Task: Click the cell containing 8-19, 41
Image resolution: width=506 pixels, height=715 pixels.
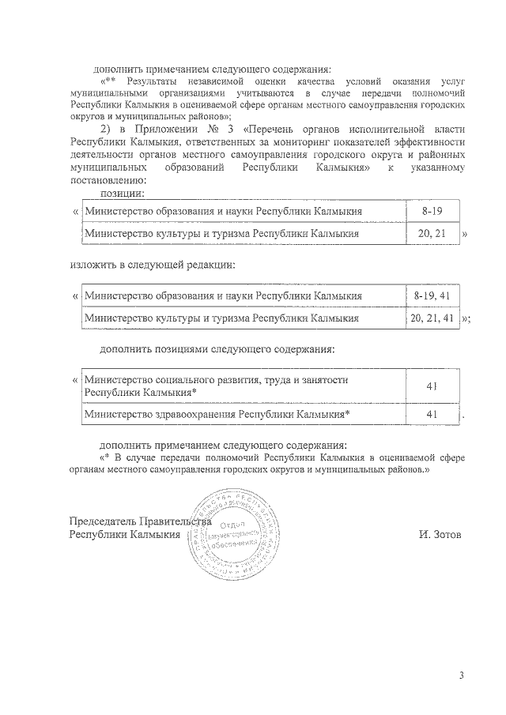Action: pos(431,295)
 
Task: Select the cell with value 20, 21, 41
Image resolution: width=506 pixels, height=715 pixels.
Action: pos(432,318)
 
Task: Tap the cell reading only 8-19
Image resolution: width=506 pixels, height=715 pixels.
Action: pos(431,212)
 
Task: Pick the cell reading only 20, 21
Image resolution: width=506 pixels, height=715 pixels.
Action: pos(431,234)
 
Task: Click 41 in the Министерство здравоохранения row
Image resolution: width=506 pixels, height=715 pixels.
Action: pos(432,413)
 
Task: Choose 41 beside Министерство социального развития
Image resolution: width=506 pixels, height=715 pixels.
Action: pos(432,386)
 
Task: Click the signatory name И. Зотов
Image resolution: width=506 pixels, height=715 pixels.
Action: pos(440,534)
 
